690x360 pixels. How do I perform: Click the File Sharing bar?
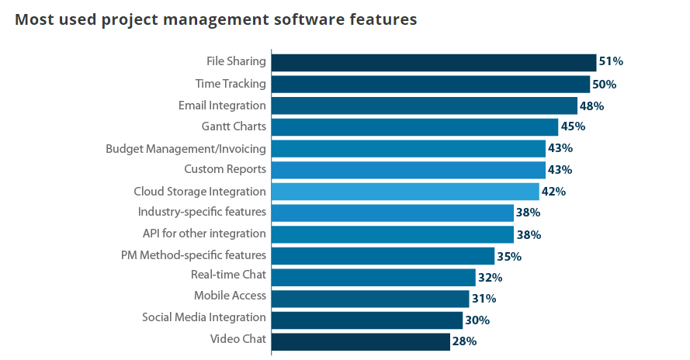pos(433,62)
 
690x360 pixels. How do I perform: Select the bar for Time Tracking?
pos(431,84)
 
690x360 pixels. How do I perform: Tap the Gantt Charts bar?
pos(414,126)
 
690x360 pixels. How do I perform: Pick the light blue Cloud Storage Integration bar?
pos(405,191)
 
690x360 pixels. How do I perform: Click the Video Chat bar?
pos(360,341)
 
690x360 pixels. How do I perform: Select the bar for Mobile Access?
pos(370,298)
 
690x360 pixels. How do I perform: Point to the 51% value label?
pos(611,62)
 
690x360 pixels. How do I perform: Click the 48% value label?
pos(591,106)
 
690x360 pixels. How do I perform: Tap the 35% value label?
pos(509,256)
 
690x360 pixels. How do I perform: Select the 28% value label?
pos(464,341)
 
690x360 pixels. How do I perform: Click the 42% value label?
pos(553,191)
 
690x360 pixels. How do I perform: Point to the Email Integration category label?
pos(222,106)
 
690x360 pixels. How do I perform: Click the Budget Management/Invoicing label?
pos(186,148)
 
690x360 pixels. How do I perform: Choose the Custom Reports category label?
pos(225,169)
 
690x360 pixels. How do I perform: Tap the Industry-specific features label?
pos(202,212)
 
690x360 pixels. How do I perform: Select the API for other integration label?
pos(204,234)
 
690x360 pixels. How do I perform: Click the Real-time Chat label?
pos(228,275)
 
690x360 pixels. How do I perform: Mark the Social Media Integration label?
pos(204,317)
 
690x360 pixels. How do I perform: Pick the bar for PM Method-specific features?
pos(383,255)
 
